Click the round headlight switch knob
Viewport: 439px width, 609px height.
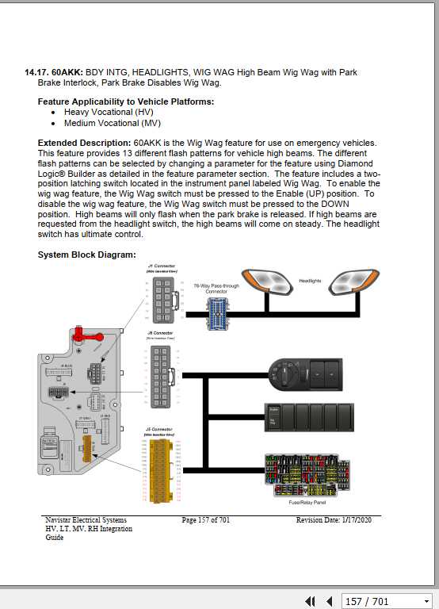click(282, 370)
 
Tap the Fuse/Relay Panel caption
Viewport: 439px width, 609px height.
click(308, 502)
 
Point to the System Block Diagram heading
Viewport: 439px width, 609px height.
click(87, 255)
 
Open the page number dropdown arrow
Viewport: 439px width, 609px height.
click(426, 602)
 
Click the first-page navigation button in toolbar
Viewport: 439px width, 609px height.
click(311, 602)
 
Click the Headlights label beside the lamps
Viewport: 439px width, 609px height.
click(310, 281)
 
